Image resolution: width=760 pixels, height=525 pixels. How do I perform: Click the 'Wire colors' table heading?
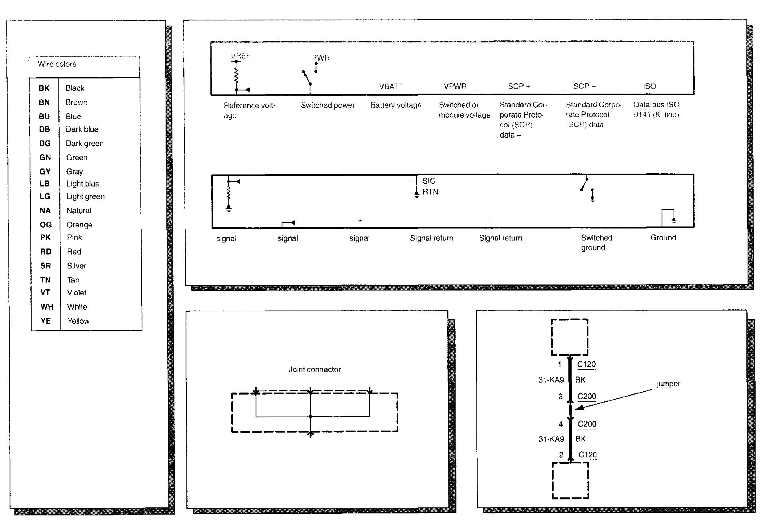[x=57, y=64]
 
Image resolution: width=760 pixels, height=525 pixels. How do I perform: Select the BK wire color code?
[x=44, y=88]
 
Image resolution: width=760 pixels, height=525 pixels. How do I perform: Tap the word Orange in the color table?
[x=79, y=225]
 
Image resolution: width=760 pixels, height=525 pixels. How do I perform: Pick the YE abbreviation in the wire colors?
[x=46, y=321]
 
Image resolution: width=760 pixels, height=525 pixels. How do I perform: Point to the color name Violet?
[x=77, y=293]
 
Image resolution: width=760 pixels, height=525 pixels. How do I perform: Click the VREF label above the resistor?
[x=240, y=56]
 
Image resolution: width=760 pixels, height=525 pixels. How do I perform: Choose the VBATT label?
[x=391, y=86]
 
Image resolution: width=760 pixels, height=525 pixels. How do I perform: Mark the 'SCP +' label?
[x=519, y=86]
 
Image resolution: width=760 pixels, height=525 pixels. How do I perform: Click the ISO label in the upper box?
[x=650, y=86]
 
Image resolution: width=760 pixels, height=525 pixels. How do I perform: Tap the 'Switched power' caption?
[x=328, y=105]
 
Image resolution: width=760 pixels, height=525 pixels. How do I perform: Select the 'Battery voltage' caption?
[x=396, y=105]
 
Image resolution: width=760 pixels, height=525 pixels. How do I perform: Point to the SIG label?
[x=429, y=181]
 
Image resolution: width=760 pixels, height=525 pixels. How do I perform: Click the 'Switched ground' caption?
[x=596, y=242]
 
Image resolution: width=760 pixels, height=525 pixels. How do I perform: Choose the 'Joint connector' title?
[x=315, y=370]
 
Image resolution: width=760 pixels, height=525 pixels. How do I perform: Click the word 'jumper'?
[x=668, y=384]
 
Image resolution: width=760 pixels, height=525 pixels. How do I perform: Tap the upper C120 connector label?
[x=586, y=365]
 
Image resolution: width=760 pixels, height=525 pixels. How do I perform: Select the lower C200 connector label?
[x=587, y=424]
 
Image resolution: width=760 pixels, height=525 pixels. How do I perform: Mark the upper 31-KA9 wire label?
[x=551, y=380]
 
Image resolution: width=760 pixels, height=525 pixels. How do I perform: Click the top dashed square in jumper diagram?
[x=570, y=337]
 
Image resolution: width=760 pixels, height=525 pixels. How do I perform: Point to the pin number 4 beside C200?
[x=561, y=424]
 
